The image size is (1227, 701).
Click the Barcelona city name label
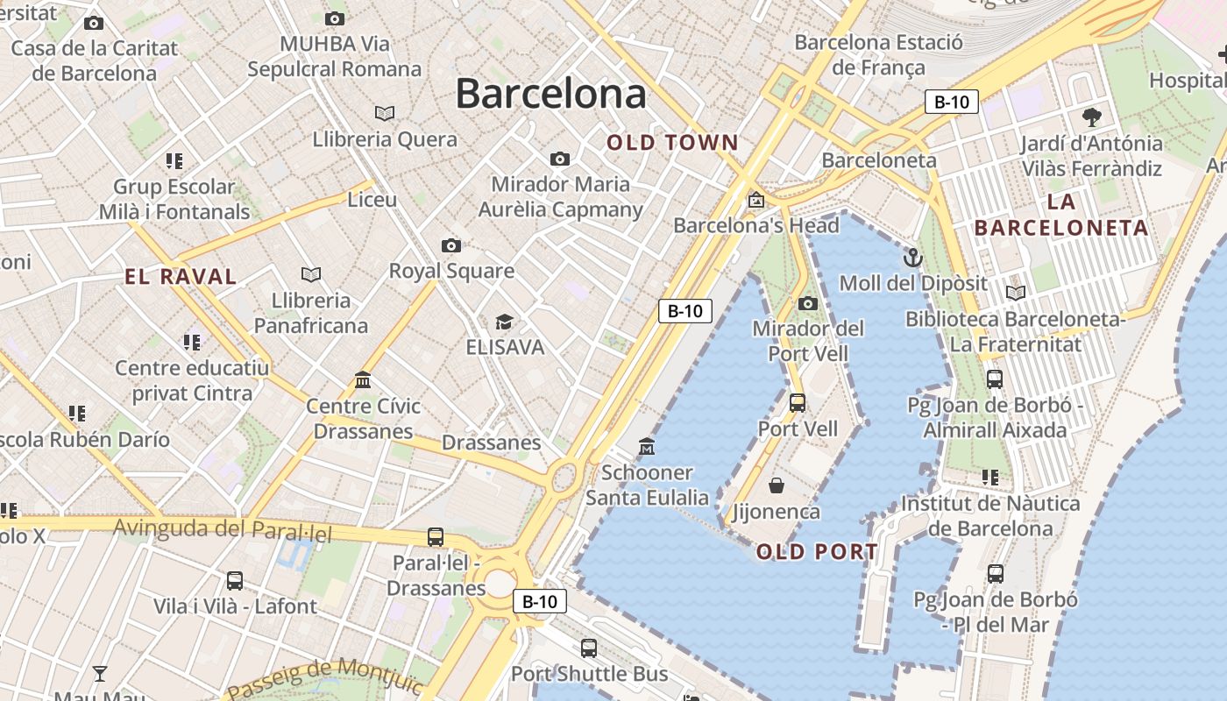click(x=550, y=94)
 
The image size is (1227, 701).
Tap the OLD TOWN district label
click(x=673, y=143)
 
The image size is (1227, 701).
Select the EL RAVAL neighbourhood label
click(x=181, y=278)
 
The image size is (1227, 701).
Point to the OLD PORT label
click(x=817, y=552)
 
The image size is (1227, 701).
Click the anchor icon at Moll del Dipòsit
click(x=913, y=258)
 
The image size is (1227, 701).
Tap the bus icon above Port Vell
click(x=798, y=403)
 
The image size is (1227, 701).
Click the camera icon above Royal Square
click(x=451, y=245)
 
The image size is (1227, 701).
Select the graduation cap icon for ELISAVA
click(x=504, y=322)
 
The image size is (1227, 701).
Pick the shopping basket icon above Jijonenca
click(x=777, y=485)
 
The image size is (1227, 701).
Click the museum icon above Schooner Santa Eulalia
click(x=647, y=447)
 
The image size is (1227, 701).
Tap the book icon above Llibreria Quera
click(x=385, y=113)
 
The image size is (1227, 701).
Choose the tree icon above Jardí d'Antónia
click(x=1091, y=117)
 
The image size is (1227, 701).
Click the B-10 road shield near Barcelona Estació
click(x=952, y=102)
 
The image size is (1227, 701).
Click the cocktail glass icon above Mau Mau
click(x=100, y=674)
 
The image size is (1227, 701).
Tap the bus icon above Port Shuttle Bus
click(x=589, y=648)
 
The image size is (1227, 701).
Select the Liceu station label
click(x=372, y=200)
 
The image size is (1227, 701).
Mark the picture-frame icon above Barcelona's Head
click(x=755, y=200)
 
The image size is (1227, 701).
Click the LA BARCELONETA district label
click(x=1061, y=215)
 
